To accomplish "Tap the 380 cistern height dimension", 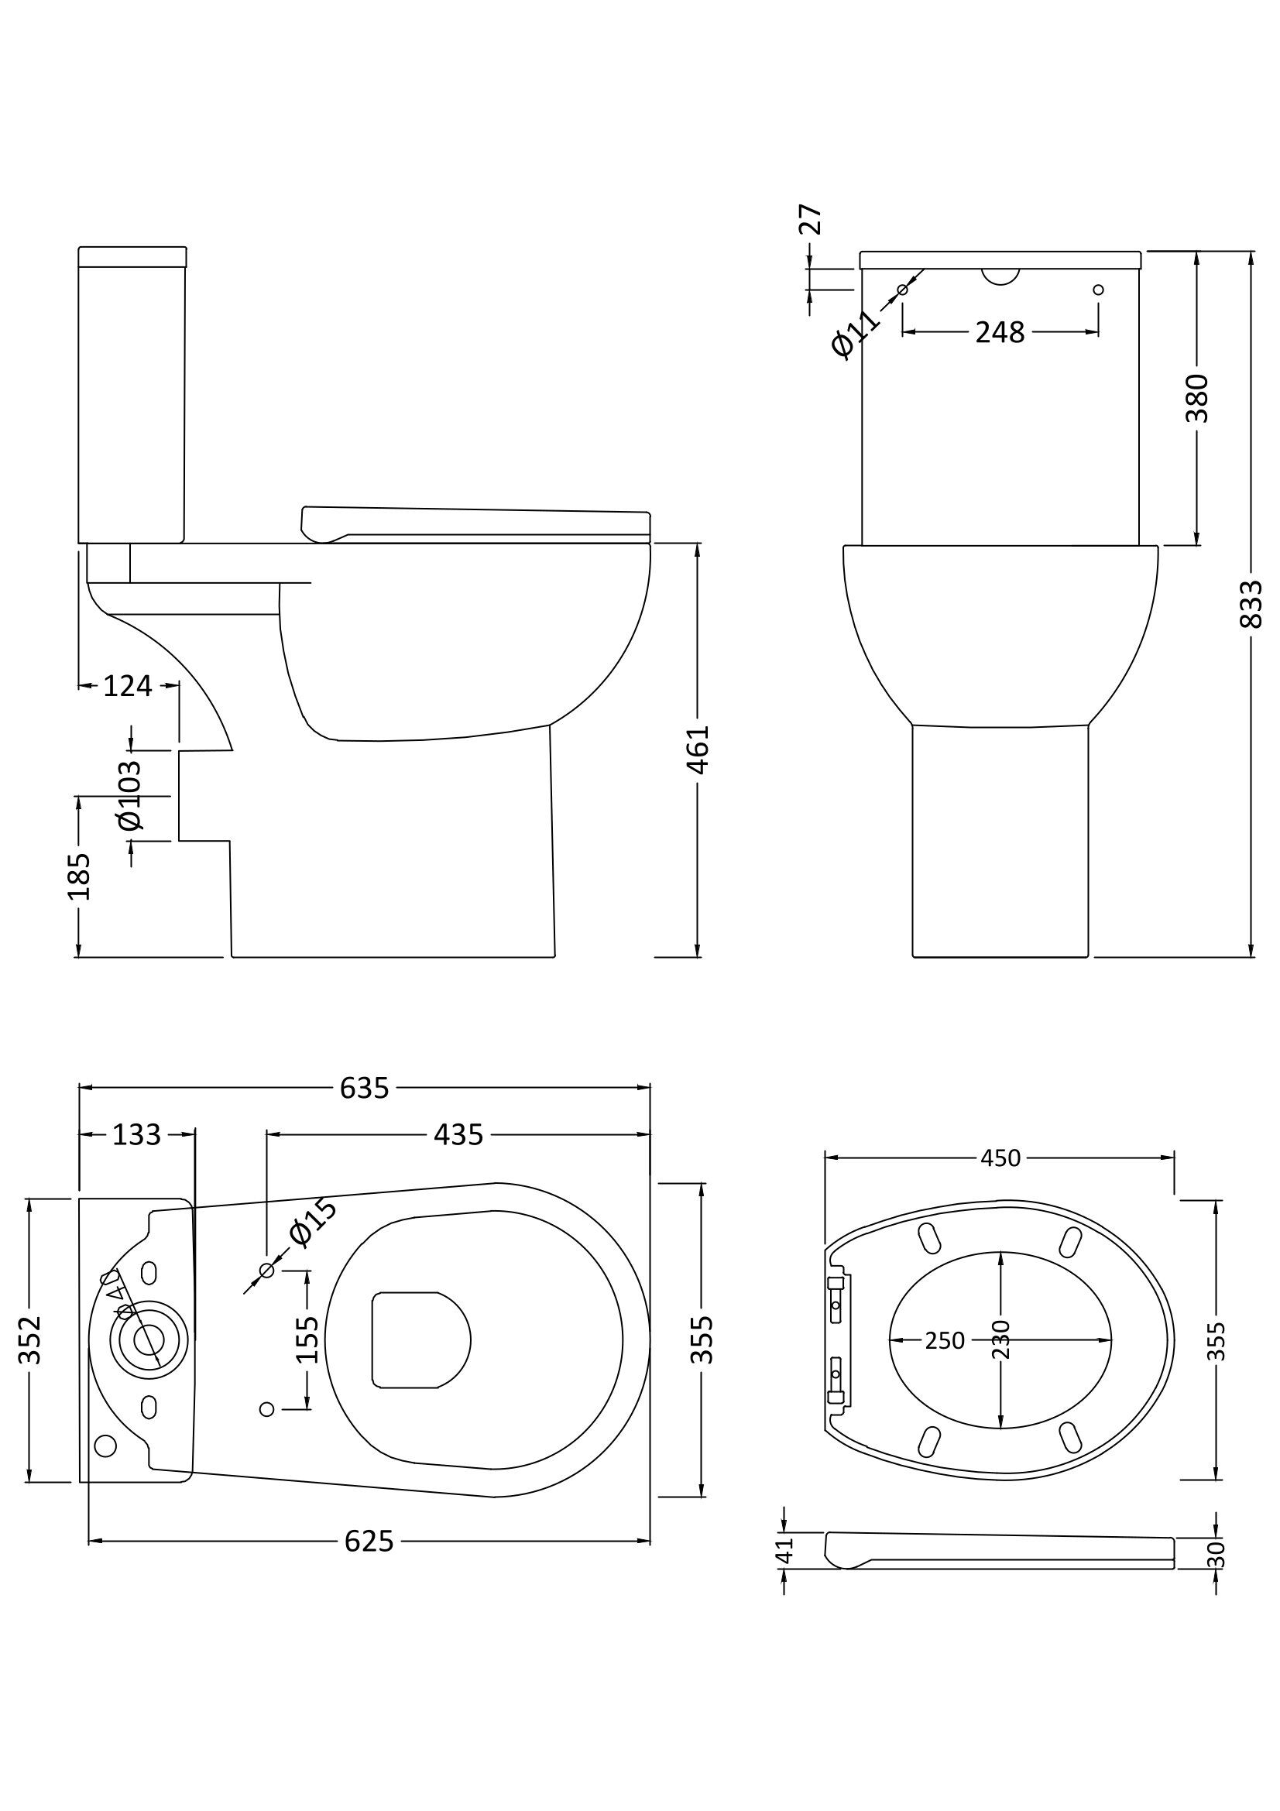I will pos(1197,398).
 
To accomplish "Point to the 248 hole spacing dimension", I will pos(999,332).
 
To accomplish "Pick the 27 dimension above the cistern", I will pos(811,219).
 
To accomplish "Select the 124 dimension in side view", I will pos(128,686).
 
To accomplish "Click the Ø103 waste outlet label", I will pos(130,795).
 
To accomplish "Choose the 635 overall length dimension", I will pos(365,1089).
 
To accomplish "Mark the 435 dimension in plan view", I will pos(458,1135).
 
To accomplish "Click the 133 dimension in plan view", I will pos(136,1135).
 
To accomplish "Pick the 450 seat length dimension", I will pos(1000,1158).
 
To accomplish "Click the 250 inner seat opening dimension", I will pos(945,1340).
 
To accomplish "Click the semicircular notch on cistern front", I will pos(1000,276).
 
